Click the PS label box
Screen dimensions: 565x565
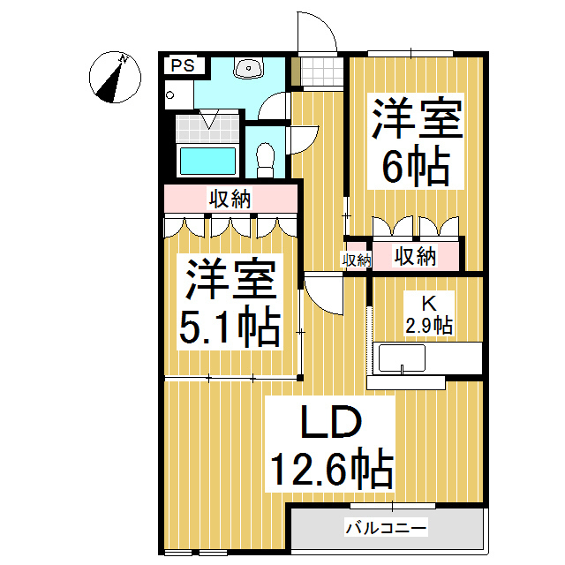coord(184,65)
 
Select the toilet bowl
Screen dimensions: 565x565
coord(265,157)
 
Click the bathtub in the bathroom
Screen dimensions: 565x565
coord(208,162)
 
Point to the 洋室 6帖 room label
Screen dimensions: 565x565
coord(416,141)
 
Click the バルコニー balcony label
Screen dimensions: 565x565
coord(386,530)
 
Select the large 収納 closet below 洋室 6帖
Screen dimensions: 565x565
coord(415,257)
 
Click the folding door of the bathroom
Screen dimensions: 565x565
coord(209,119)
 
